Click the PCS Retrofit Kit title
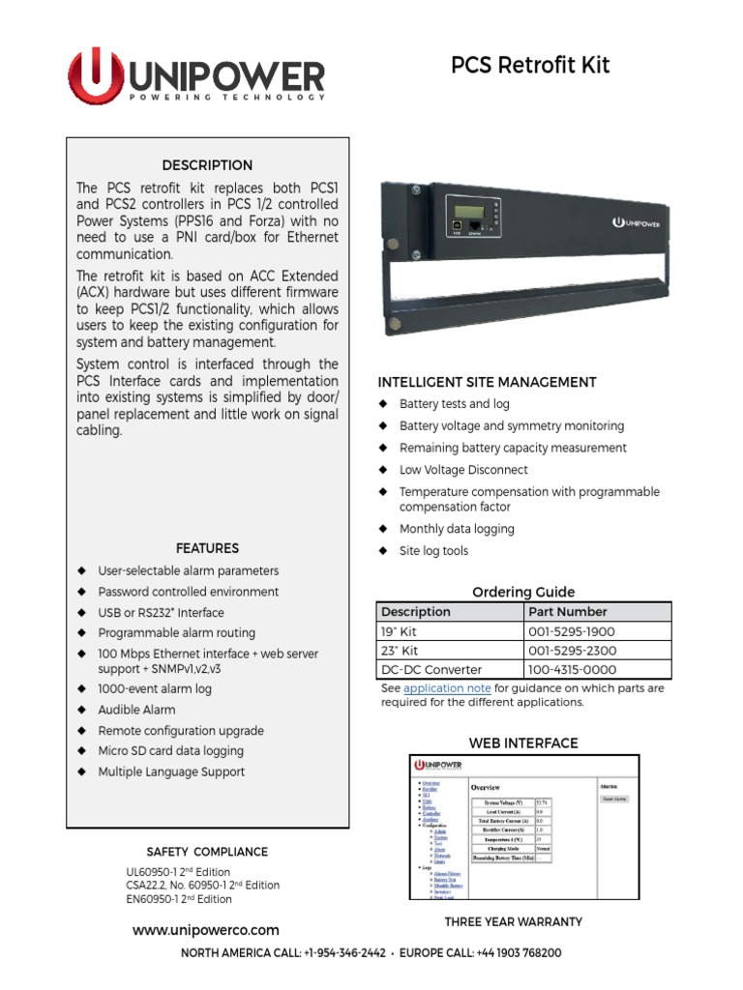tap(530, 66)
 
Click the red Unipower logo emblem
tap(95, 76)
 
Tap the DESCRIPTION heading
tap(207, 165)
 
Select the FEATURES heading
tap(207, 548)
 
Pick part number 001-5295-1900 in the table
tap(572, 631)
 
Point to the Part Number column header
tap(568, 612)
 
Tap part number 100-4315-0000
tap(572, 670)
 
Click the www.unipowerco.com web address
tap(205, 930)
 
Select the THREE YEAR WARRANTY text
tap(513, 921)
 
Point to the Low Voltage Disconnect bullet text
tap(463, 470)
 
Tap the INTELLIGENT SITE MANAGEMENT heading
tap(487, 382)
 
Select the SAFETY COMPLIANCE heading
tap(207, 852)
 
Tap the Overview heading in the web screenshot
tap(486, 788)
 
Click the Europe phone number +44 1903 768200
tap(518, 953)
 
